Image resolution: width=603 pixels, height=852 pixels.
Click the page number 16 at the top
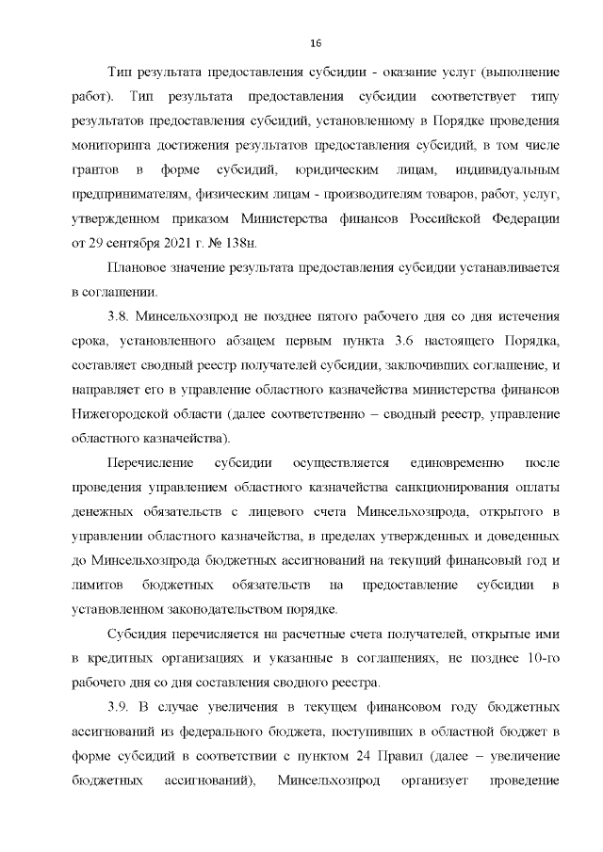click(x=316, y=43)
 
